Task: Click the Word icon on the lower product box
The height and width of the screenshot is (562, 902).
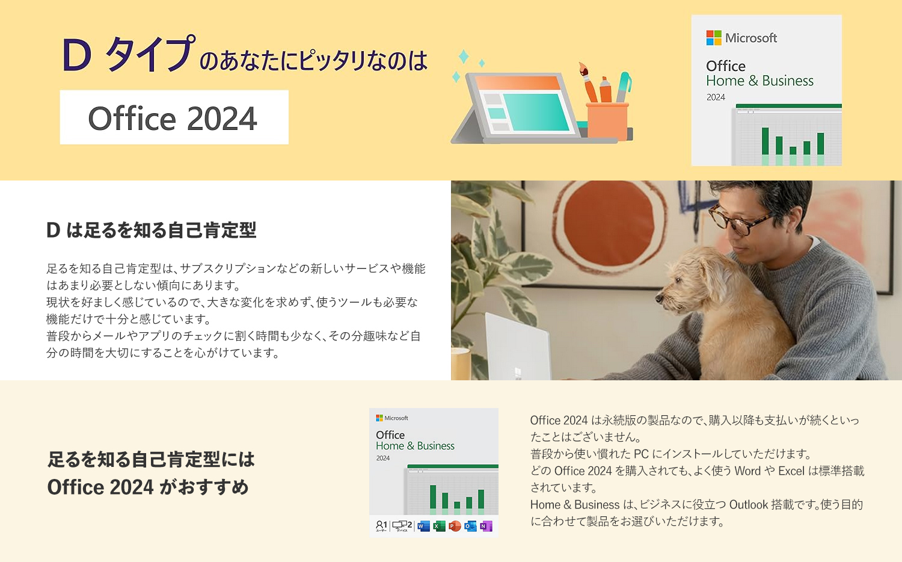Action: (424, 526)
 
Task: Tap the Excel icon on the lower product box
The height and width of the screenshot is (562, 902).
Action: (440, 526)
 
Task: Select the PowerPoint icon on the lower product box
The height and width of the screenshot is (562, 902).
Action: (455, 526)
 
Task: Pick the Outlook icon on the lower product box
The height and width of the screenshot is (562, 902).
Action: (470, 526)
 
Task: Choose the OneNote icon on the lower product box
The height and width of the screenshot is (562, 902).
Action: (486, 526)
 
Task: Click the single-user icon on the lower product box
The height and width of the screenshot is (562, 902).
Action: (381, 526)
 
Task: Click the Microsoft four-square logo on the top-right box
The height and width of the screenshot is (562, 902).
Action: (714, 38)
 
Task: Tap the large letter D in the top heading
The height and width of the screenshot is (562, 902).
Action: (77, 57)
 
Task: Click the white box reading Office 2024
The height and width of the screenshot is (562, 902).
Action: (174, 117)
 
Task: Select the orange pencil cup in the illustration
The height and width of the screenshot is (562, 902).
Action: (607, 120)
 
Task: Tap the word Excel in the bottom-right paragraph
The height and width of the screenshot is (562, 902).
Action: (791, 471)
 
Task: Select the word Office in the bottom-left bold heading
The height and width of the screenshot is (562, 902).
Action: (70, 487)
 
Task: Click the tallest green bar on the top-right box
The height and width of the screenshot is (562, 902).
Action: (765, 141)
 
